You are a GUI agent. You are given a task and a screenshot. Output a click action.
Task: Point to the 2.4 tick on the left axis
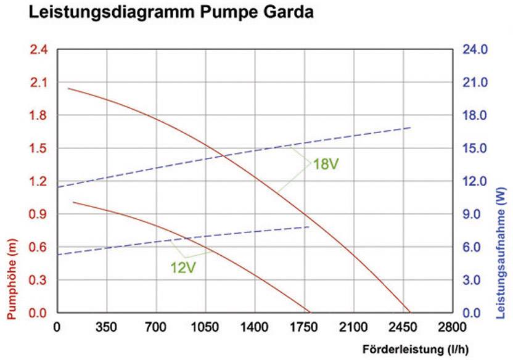pyautogui.click(x=39, y=49)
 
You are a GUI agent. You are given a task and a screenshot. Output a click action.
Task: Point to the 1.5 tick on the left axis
pyautogui.click(x=39, y=149)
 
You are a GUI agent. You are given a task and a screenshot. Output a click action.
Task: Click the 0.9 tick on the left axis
pyautogui.click(x=39, y=215)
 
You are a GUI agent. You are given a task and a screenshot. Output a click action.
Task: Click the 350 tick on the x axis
pyautogui.click(x=106, y=327)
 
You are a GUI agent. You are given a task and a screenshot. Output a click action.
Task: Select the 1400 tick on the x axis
pyautogui.click(x=254, y=327)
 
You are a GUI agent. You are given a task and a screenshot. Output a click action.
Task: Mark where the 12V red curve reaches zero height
pyautogui.click(x=308, y=313)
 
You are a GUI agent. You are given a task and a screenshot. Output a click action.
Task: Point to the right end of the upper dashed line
pyautogui.click(x=411, y=128)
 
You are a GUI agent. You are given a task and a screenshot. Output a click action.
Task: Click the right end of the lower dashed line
pyautogui.click(x=310, y=227)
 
